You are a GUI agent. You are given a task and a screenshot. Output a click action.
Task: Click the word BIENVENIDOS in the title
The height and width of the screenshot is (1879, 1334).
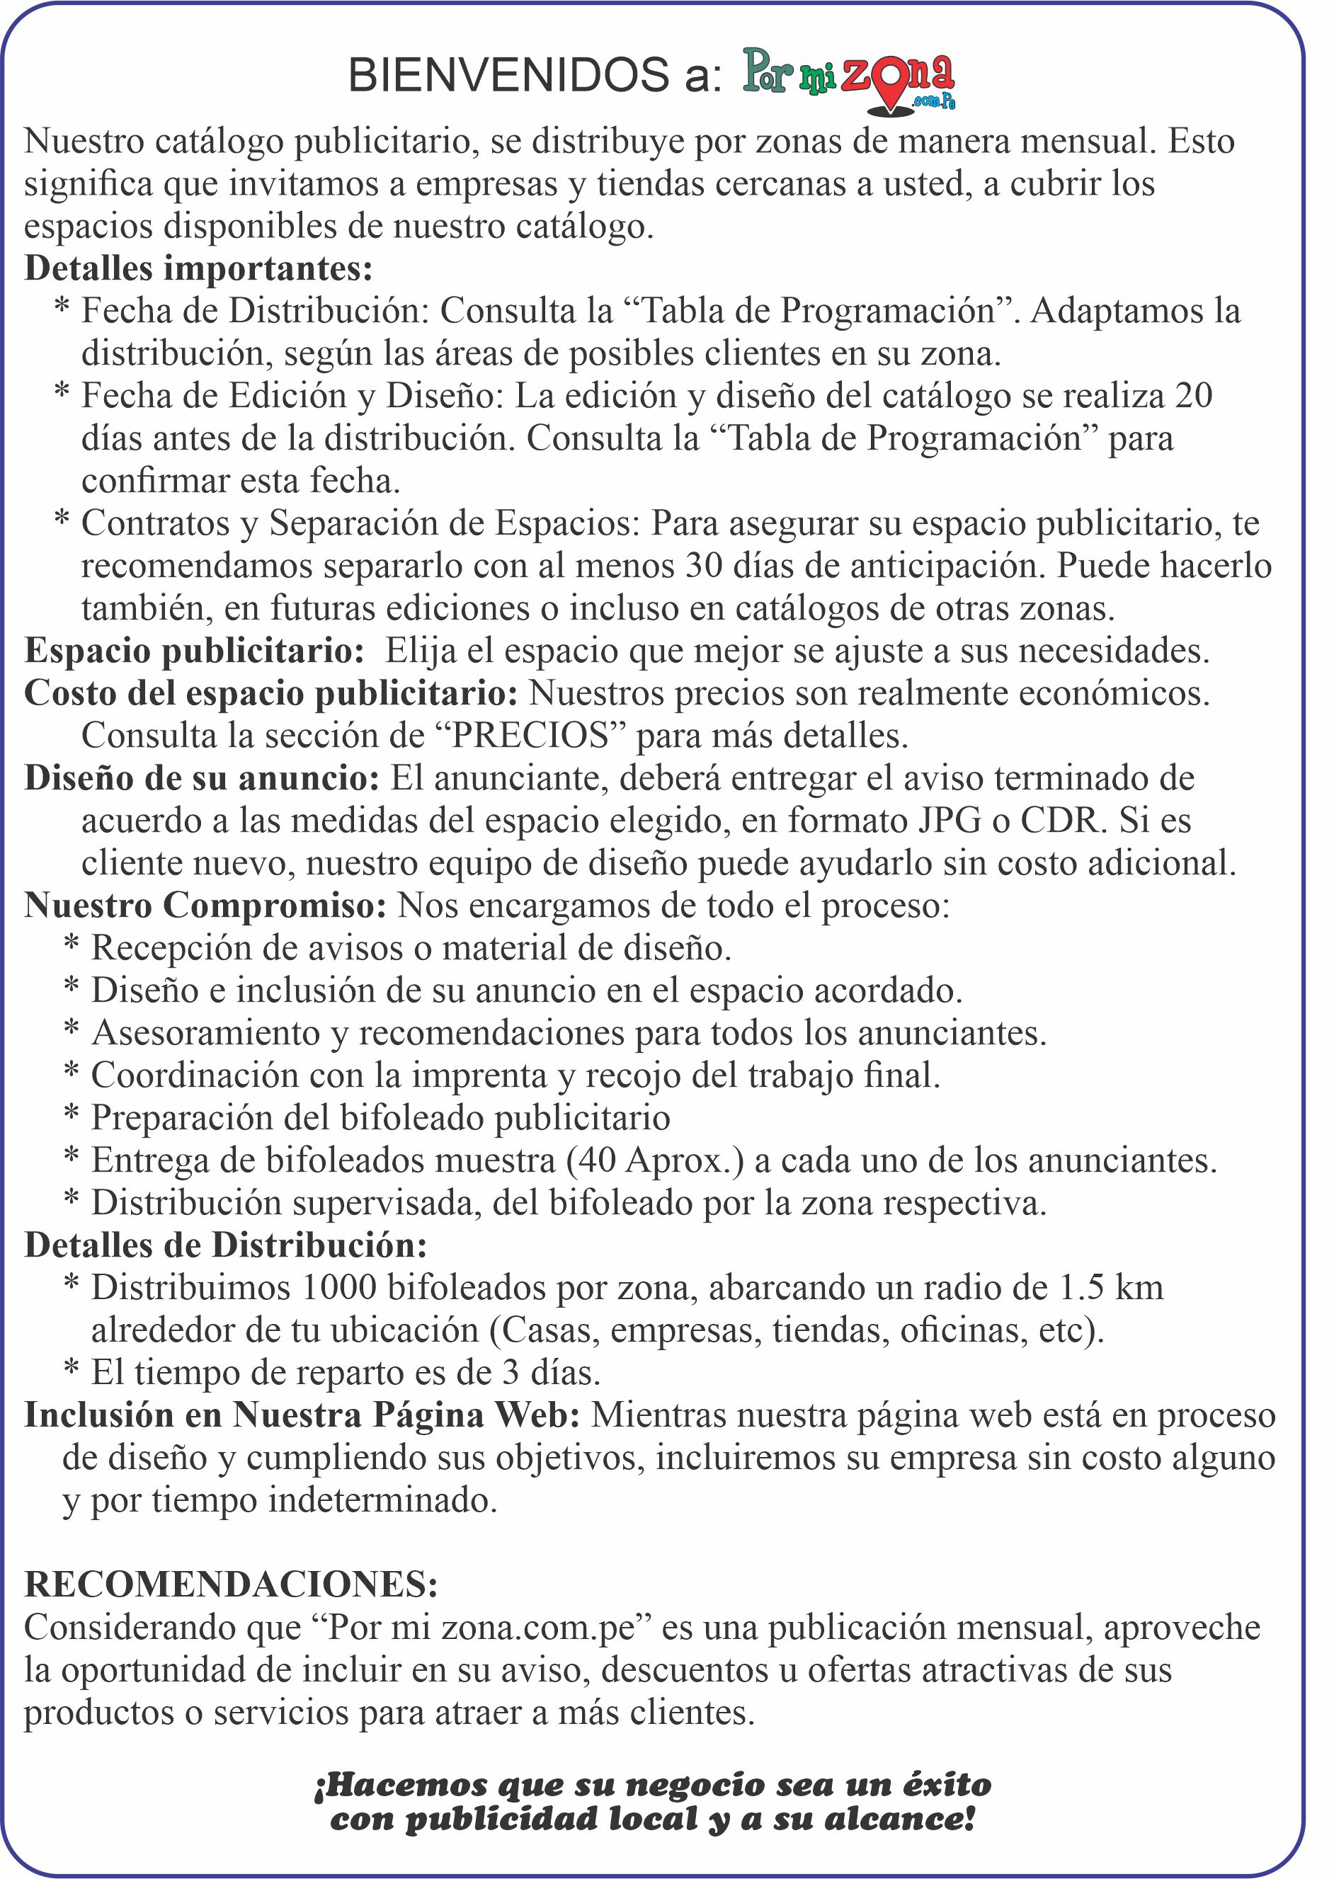click(x=508, y=76)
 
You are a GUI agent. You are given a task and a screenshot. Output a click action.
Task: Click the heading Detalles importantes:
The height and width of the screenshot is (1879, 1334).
click(x=199, y=268)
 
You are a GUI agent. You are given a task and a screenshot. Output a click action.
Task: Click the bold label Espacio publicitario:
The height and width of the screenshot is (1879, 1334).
click(x=195, y=651)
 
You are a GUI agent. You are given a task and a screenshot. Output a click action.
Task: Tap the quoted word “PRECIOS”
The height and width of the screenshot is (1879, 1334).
click(x=530, y=736)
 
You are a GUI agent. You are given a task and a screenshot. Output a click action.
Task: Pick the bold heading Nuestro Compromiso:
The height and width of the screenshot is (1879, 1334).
click(x=205, y=906)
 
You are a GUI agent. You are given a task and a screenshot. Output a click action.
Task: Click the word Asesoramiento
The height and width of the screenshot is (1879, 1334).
click(x=205, y=1033)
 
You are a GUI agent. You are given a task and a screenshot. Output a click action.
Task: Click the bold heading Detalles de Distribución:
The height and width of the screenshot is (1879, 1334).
click(x=226, y=1246)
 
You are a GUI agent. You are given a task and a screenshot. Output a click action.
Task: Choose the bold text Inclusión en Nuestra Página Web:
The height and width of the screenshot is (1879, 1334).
click(x=302, y=1415)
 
